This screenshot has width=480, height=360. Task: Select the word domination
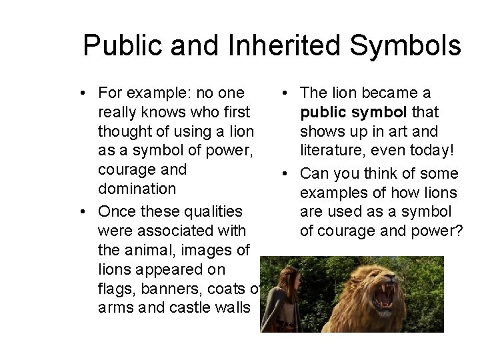(x=137, y=189)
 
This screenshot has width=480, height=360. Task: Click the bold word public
(x=323, y=112)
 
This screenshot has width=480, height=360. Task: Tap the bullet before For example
(x=85, y=93)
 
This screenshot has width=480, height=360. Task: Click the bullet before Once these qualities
(x=85, y=212)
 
